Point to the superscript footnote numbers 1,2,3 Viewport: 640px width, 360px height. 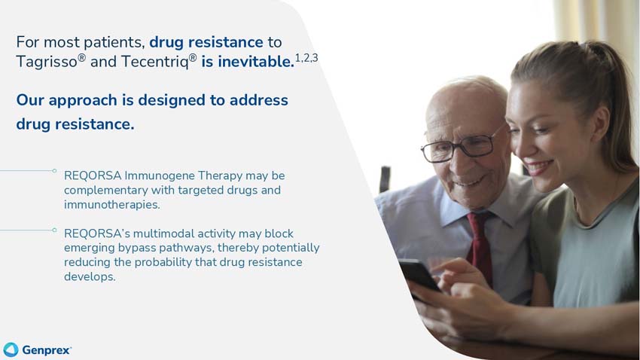(x=306, y=57)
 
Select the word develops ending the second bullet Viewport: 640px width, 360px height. (x=90, y=276)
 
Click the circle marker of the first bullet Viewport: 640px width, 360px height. (x=54, y=171)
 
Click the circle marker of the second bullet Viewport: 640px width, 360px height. (x=54, y=229)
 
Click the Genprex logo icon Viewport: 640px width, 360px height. (x=11, y=349)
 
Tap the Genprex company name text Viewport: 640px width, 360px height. (x=47, y=350)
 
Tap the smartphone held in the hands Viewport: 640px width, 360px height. (x=418, y=273)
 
